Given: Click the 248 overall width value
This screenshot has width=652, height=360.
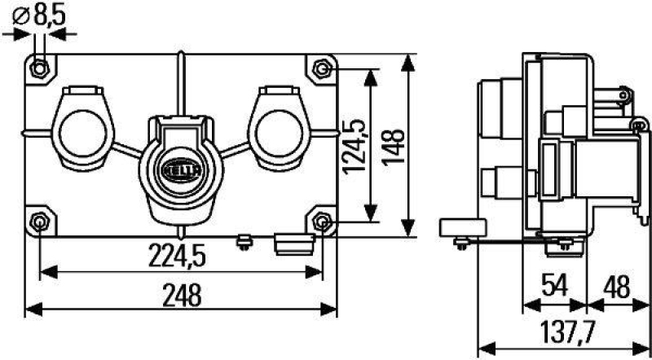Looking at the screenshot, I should click(x=182, y=295).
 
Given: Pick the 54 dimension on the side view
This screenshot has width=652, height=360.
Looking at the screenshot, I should click(x=555, y=286).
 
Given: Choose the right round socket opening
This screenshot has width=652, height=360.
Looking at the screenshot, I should click(x=276, y=132).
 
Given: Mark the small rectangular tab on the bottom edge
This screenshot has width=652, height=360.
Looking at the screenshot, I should click(x=294, y=242).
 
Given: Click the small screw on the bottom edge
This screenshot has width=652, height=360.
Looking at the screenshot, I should click(x=241, y=241).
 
